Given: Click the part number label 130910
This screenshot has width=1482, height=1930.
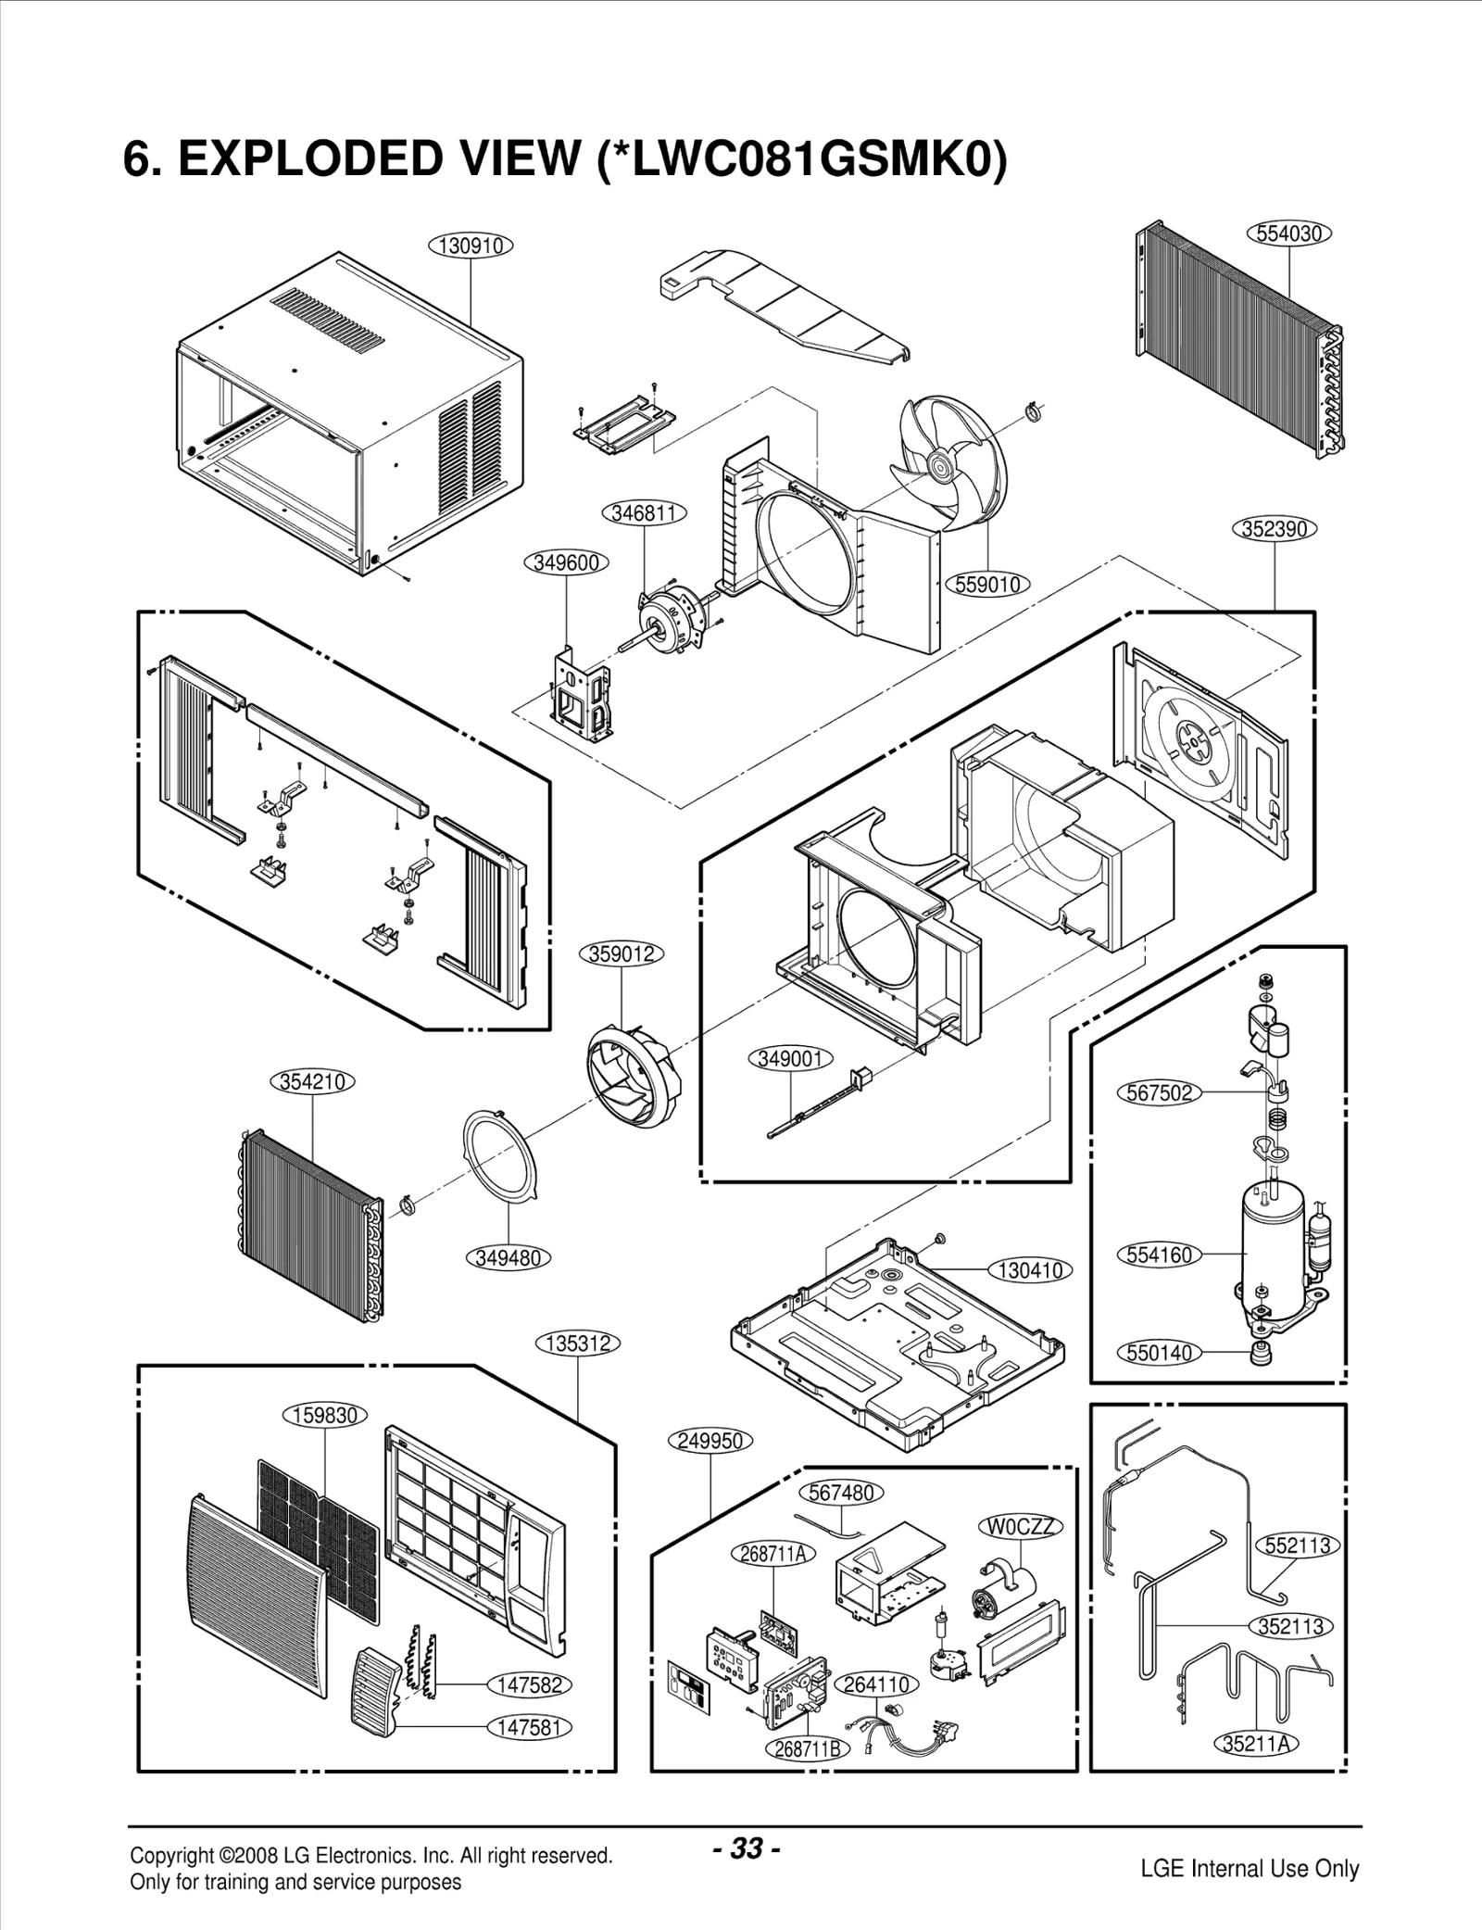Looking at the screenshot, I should tap(471, 246).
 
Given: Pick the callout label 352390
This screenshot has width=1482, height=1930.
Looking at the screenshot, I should tap(1275, 529).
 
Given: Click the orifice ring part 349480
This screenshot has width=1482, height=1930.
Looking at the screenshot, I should tap(501, 1158).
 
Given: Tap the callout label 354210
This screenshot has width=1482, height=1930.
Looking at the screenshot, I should tap(312, 1081).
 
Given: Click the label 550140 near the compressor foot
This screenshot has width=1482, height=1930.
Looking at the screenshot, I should tap(1160, 1352).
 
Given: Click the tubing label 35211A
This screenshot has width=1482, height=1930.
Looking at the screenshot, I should tap(1256, 1743).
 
